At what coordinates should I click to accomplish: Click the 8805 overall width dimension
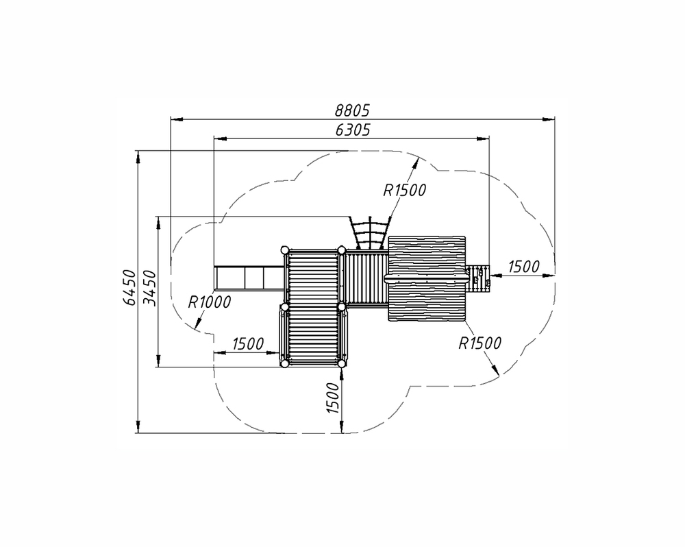pyautogui.click(x=352, y=111)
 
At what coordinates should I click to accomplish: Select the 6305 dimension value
pyautogui.click(x=353, y=130)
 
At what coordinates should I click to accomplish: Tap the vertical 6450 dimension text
pyautogui.click(x=129, y=287)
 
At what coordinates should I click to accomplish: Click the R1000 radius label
pyautogui.click(x=209, y=302)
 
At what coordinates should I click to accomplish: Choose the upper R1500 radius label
pyautogui.click(x=405, y=190)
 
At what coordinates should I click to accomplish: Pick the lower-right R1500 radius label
pyautogui.click(x=480, y=343)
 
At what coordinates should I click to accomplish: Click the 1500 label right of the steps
pyautogui.click(x=524, y=266)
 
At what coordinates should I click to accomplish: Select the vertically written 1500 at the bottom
pyautogui.click(x=333, y=398)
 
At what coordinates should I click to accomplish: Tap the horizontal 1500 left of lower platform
pyautogui.click(x=248, y=344)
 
